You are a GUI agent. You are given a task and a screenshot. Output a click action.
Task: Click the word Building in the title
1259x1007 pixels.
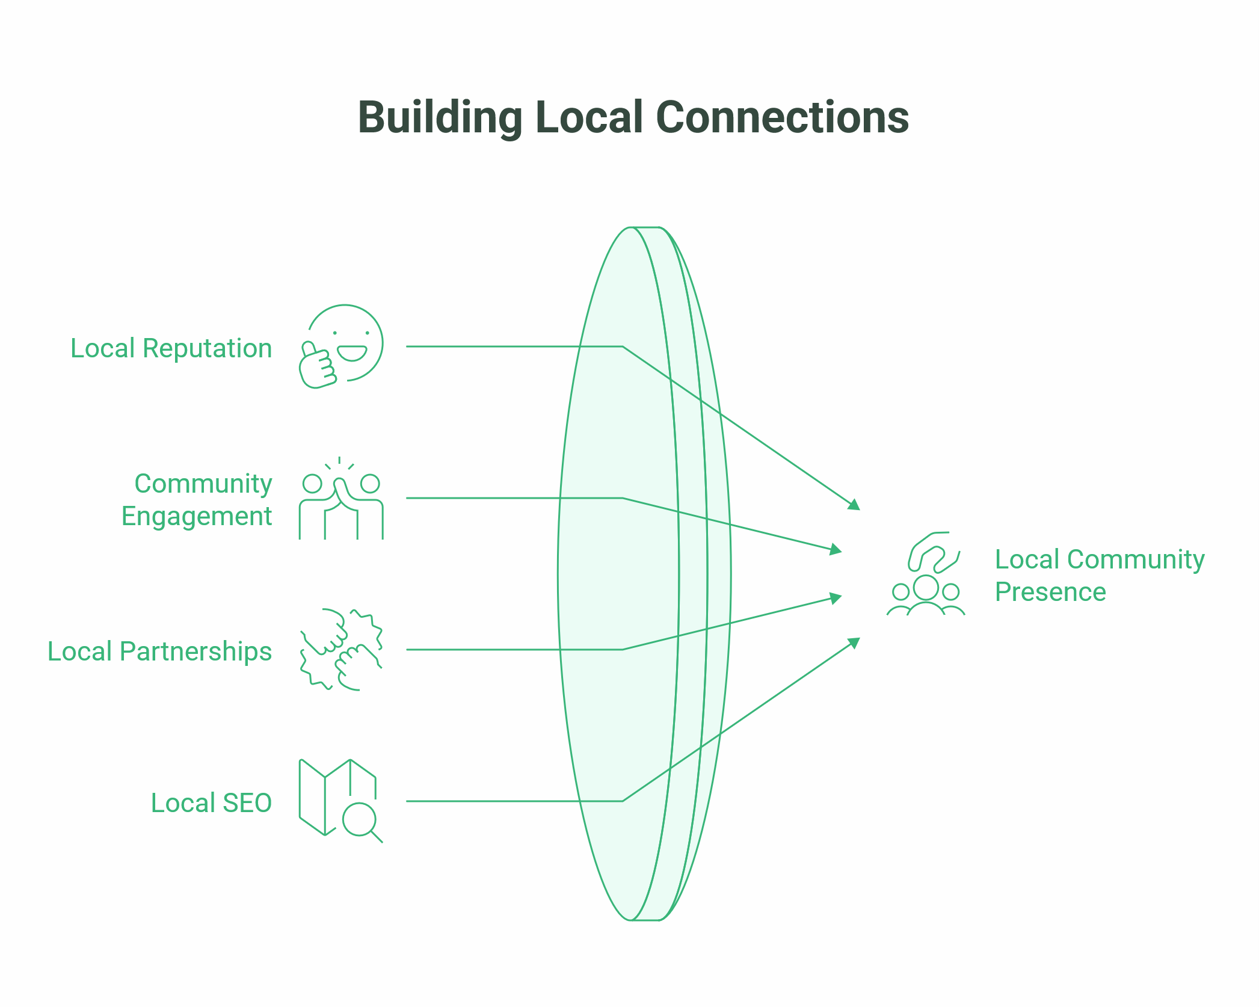point(440,117)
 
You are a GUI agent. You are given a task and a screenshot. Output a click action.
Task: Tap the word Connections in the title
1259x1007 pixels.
point(782,117)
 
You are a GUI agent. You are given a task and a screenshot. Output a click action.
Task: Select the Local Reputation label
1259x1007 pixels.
point(171,348)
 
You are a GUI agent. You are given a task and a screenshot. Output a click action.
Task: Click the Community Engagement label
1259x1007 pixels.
point(197,500)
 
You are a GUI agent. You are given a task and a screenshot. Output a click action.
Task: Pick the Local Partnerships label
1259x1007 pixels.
point(159,651)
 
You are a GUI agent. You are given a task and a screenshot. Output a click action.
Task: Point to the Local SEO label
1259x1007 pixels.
point(211,803)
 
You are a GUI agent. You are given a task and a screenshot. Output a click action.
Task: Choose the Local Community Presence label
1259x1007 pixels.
point(1099,576)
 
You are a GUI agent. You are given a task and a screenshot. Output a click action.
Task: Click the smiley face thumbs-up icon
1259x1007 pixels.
point(341,346)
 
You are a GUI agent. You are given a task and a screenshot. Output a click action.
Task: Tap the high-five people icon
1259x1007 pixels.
point(341,499)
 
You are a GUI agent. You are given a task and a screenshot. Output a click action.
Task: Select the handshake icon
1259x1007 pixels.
point(341,650)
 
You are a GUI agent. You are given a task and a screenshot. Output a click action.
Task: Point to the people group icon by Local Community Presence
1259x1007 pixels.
point(926,574)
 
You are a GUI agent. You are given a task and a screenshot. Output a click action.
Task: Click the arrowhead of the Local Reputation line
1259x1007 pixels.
point(854,505)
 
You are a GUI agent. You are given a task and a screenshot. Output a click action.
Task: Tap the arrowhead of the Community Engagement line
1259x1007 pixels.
point(836,549)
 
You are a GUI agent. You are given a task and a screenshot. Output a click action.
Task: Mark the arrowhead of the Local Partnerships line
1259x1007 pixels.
point(836,598)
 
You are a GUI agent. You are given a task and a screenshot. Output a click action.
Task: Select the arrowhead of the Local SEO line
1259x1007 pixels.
point(854,642)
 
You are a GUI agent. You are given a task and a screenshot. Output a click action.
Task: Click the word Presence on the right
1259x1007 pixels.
point(1050,593)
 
